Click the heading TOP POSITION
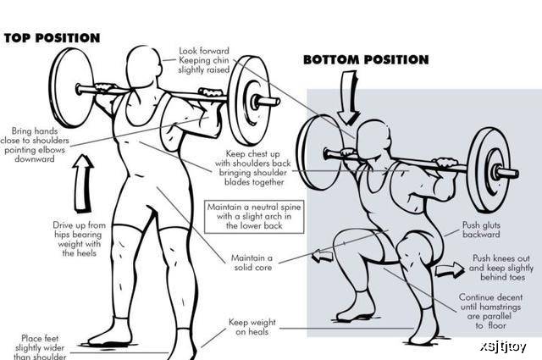pos(53,38)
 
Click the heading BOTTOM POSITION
pos(366,60)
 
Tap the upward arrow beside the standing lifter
pos(83,183)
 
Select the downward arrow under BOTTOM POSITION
pos(348,97)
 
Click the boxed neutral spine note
pos(254,217)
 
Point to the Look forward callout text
pos(204,60)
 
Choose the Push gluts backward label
pos(481,230)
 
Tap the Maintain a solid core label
pos(252,263)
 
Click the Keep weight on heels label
pos(252,327)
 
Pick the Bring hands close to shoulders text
pos(35,145)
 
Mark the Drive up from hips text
pos(79,239)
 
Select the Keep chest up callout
pos(253,168)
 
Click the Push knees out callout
pos(501,268)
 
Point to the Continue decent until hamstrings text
pos(490,311)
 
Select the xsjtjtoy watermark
pos(503,346)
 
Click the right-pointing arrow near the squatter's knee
pos(450,269)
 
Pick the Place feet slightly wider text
pos(40,347)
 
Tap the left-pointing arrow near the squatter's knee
pos(323,257)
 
